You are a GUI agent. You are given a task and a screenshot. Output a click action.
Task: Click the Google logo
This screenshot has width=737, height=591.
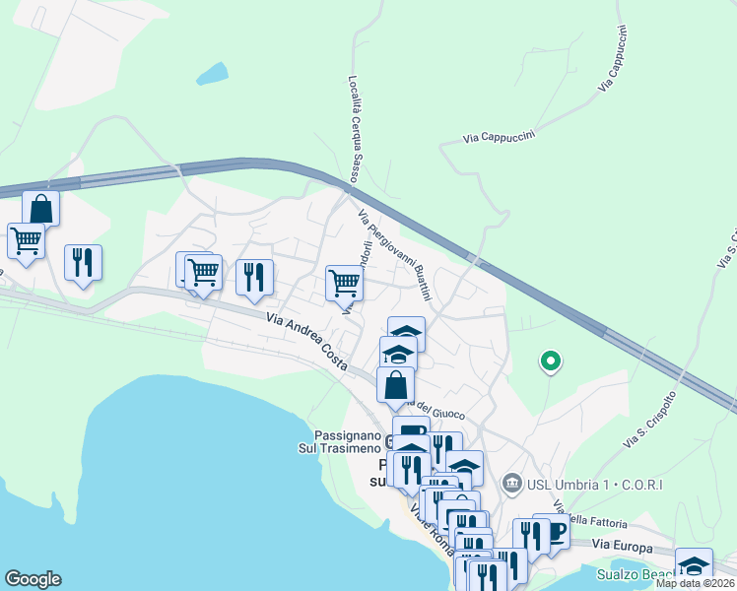33,579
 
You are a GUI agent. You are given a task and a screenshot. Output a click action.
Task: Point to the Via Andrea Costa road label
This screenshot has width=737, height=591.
306,341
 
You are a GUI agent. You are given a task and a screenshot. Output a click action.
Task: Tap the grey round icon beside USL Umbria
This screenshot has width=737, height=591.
511,483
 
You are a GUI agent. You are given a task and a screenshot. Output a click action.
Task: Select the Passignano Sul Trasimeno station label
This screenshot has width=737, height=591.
339,441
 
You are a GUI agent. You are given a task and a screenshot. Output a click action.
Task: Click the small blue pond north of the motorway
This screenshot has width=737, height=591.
212,73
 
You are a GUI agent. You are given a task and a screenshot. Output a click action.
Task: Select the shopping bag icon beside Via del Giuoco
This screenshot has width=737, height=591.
395,384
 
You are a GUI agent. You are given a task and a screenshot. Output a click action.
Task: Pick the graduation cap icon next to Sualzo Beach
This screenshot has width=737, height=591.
694,565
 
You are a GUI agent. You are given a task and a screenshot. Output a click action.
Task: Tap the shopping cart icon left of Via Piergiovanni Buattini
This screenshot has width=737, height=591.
344,283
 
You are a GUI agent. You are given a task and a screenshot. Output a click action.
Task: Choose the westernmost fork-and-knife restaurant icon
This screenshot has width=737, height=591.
83,261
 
